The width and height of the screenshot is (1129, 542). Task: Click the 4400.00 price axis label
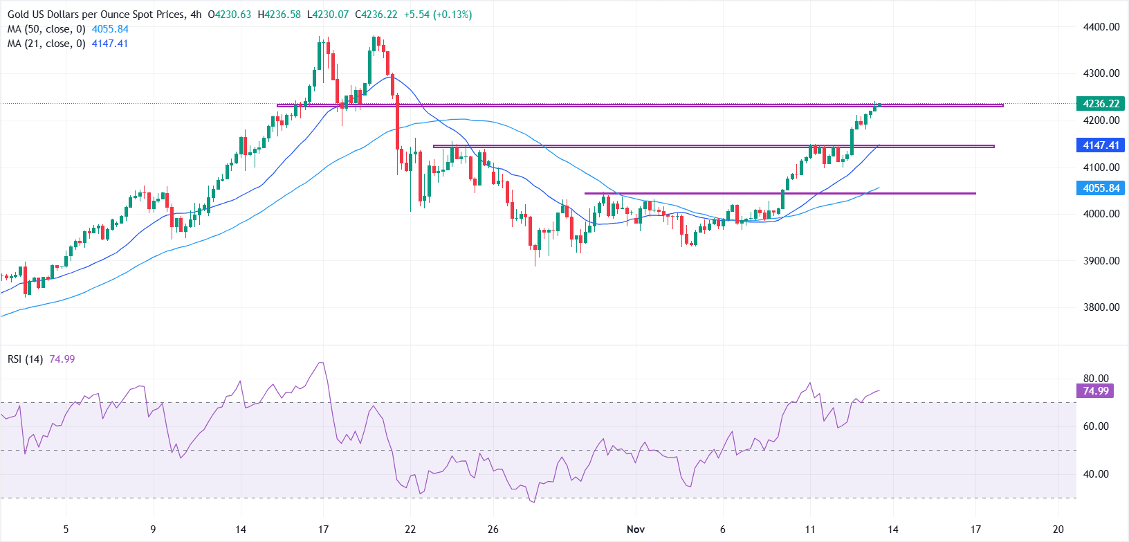click(1101, 27)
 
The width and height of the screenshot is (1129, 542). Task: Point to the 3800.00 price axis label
click(1101, 307)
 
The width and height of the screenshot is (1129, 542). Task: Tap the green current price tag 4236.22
click(1101, 104)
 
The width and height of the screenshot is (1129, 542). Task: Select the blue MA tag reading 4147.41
click(1101, 145)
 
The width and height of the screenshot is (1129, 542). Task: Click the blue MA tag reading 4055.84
click(1101, 188)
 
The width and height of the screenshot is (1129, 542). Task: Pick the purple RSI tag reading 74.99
click(1096, 391)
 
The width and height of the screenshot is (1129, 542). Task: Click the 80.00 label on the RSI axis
click(1096, 379)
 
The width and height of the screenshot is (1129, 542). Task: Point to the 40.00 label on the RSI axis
click(1096, 474)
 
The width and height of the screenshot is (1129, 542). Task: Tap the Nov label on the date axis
click(635, 530)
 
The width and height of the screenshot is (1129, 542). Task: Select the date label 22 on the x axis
click(410, 530)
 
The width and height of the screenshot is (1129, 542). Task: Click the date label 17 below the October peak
click(323, 530)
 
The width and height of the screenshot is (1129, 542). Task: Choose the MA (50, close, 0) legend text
click(46, 29)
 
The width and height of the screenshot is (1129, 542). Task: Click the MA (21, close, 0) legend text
click(46, 44)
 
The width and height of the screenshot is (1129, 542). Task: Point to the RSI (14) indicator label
click(26, 359)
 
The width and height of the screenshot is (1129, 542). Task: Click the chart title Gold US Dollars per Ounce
click(96, 15)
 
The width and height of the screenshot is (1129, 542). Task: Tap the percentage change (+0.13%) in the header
click(452, 15)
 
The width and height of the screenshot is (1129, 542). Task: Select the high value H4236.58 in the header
click(279, 15)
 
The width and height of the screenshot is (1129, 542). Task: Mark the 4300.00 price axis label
click(1101, 73)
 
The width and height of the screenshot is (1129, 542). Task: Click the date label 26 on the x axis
click(493, 530)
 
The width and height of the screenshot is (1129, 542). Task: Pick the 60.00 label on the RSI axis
click(1096, 426)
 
